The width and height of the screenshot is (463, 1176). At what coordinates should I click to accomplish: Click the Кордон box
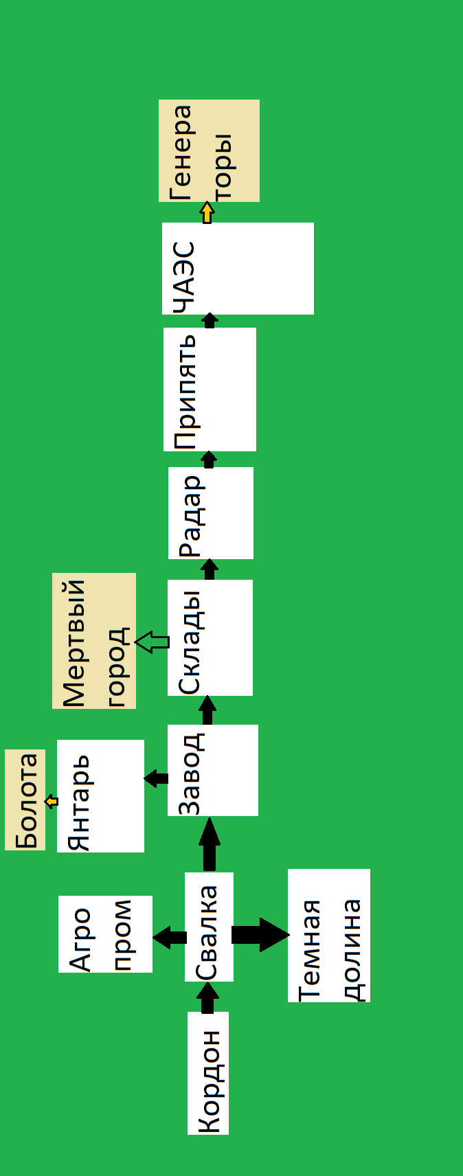click(208, 1072)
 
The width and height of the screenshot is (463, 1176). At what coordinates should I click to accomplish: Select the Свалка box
click(209, 927)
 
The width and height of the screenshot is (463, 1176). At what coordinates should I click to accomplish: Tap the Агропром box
click(105, 934)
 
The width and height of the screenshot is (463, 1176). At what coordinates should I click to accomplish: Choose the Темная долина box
click(328, 935)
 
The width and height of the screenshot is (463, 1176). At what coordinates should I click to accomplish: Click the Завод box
click(212, 770)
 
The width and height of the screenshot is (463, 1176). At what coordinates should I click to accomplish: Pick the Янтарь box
click(100, 795)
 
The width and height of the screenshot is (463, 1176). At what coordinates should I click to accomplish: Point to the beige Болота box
click(25, 800)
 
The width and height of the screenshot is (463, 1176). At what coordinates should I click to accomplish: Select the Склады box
click(210, 637)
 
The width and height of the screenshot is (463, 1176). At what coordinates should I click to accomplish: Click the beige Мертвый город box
click(94, 640)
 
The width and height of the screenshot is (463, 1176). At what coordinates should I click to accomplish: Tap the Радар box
click(210, 512)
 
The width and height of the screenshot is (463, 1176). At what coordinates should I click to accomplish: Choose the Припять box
click(210, 389)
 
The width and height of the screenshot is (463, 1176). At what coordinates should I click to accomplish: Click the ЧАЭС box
click(238, 268)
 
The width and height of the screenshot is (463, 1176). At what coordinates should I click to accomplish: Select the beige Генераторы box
click(209, 150)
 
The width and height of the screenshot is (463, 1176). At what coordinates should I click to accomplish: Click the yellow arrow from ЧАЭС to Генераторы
click(207, 212)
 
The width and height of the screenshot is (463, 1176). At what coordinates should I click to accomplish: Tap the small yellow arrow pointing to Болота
click(52, 801)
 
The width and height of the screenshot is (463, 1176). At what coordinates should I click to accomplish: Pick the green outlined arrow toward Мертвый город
click(152, 642)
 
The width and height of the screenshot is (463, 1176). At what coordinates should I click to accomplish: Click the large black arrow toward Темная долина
click(260, 934)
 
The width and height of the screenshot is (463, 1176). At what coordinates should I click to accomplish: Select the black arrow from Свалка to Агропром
click(169, 937)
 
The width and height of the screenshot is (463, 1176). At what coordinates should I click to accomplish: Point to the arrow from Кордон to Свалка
click(207, 997)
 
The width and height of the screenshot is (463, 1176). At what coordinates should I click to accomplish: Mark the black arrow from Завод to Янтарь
click(156, 778)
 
